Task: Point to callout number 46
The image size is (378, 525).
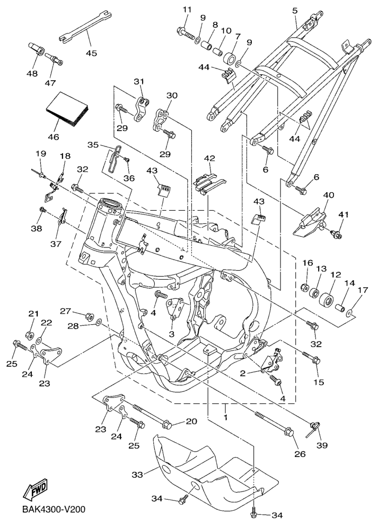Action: pos(53,136)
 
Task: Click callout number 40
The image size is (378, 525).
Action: pos(329,195)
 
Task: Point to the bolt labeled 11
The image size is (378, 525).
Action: pos(183,32)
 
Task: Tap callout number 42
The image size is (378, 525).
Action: pos(210,158)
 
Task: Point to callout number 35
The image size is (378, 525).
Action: pos(93,144)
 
